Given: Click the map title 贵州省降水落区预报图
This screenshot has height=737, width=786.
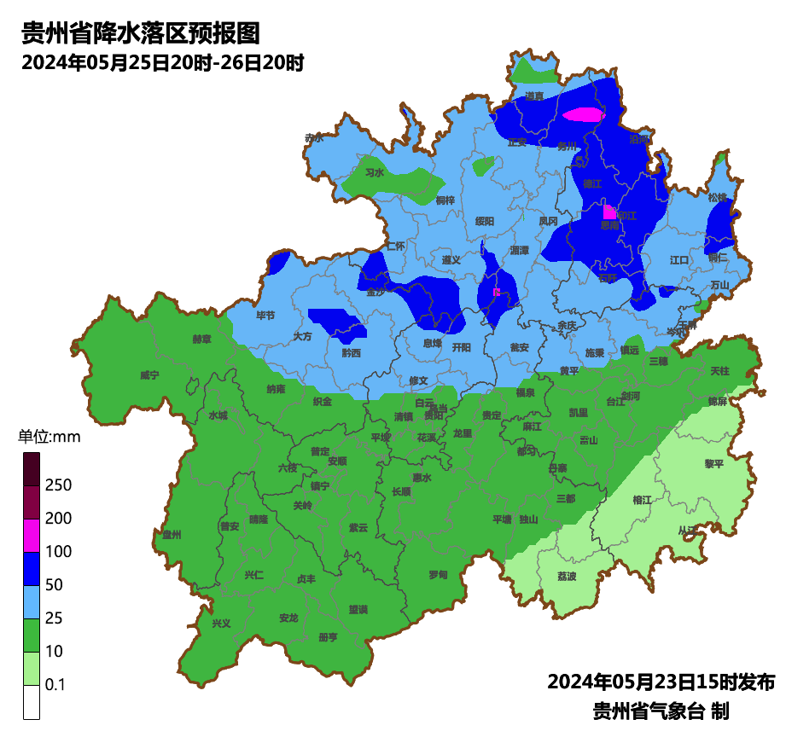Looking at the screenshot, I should (139, 33).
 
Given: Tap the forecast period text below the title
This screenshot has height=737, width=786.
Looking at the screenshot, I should (163, 63).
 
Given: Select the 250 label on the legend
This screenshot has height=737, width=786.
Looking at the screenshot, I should (58, 485).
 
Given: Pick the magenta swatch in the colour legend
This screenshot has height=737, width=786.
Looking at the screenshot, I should (32, 535).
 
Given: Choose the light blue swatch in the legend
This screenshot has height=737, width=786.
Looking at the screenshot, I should (32, 601).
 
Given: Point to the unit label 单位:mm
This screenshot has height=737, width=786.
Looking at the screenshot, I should (49, 438).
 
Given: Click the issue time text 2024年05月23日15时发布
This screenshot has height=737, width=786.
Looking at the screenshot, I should (661, 682).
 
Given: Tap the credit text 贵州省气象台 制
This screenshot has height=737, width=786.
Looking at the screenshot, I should (661, 711).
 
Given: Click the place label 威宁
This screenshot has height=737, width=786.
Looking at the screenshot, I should (149, 374).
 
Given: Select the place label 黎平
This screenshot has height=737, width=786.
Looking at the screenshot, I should (713, 463).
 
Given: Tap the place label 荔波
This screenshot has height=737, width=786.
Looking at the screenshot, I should (567, 576).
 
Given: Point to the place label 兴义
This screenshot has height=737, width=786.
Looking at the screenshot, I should (221, 623).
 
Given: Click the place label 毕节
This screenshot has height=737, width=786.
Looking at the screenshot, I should (265, 316).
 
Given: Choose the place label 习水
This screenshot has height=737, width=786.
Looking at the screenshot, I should (375, 172).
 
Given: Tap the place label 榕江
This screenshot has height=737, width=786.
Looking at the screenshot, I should (643, 499).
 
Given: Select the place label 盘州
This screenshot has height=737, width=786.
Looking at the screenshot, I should (172, 535).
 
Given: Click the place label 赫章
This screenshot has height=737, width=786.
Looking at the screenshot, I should (201, 339).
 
